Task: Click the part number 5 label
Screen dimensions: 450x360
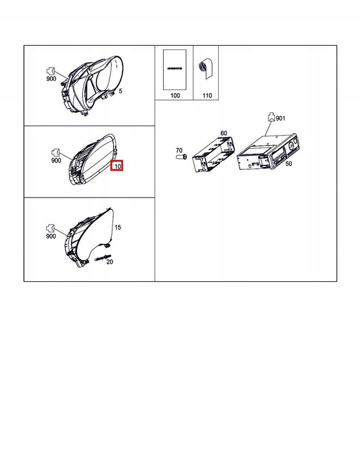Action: click(121, 92)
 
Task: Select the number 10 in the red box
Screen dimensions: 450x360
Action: click(117, 166)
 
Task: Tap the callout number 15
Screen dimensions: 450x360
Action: click(118, 227)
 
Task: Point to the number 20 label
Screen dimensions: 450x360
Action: click(110, 262)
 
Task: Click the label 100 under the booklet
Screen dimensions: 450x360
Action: click(174, 96)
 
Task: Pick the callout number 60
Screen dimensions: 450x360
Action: click(224, 134)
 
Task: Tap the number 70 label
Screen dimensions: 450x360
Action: click(179, 151)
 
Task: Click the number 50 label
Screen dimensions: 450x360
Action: click(288, 163)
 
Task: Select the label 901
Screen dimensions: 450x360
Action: click(281, 118)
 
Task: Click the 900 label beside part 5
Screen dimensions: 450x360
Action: click(51, 79)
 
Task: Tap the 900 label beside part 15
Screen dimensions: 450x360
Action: click(51, 237)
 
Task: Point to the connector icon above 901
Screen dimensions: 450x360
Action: click(271, 116)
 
